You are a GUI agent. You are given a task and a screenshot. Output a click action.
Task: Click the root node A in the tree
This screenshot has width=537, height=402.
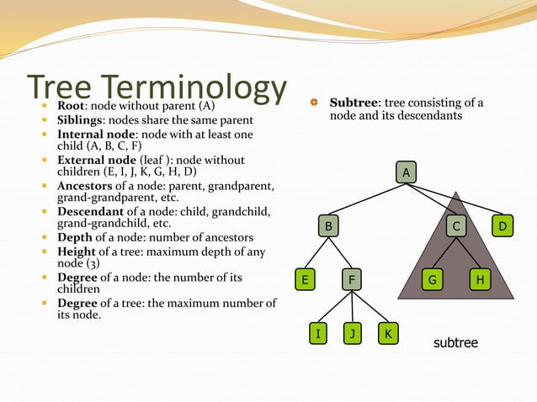(x=407, y=172)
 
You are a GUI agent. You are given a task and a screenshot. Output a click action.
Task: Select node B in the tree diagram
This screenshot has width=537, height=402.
(x=329, y=226)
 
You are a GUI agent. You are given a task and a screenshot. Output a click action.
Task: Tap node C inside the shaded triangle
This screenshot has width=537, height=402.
(x=456, y=226)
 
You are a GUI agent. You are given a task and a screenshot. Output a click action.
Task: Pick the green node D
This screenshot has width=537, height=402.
(x=502, y=226)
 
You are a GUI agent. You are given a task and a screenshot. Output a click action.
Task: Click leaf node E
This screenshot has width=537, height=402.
(x=305, y=280)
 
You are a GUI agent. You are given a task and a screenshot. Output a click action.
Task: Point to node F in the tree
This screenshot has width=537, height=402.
(x=352, y=280)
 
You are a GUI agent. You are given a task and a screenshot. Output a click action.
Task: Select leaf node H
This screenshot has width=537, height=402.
(x=480, y=280)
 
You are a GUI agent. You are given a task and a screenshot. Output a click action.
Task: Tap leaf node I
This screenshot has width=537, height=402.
(x=317, y=334)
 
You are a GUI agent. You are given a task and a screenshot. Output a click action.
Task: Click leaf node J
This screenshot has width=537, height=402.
(x=352, y=334)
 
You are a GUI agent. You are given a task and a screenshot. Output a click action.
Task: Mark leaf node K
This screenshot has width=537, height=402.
(x=387, y=334)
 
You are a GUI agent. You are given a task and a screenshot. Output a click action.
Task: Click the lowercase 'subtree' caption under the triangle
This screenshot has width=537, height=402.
(x=455, y=343)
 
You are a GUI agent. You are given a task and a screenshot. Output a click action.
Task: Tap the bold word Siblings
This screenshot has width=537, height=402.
(x=79, y=120)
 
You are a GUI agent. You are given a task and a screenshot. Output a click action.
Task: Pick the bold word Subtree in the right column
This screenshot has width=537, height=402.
(x=354, y=103)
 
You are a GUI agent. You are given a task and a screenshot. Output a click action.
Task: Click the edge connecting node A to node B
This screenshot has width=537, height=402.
(x=368, y=199)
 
